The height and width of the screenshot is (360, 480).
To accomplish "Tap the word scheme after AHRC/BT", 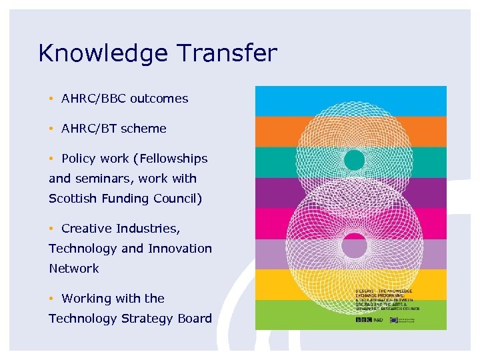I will [x=143, y=129].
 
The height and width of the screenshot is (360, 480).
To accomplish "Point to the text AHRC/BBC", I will [x=93, y=99].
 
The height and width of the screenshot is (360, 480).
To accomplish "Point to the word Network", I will [x=73, y=269].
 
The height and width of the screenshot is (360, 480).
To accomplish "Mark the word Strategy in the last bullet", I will [x=146, y=319].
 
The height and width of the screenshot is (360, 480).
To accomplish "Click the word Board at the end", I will [x=194, y=319].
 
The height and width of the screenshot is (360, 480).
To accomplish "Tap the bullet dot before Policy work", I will [x=51, y=159].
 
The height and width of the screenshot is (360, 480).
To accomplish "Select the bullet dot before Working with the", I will [x=51, y=299].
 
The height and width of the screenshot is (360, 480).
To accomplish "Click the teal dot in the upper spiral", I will [x=354, y=159].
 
